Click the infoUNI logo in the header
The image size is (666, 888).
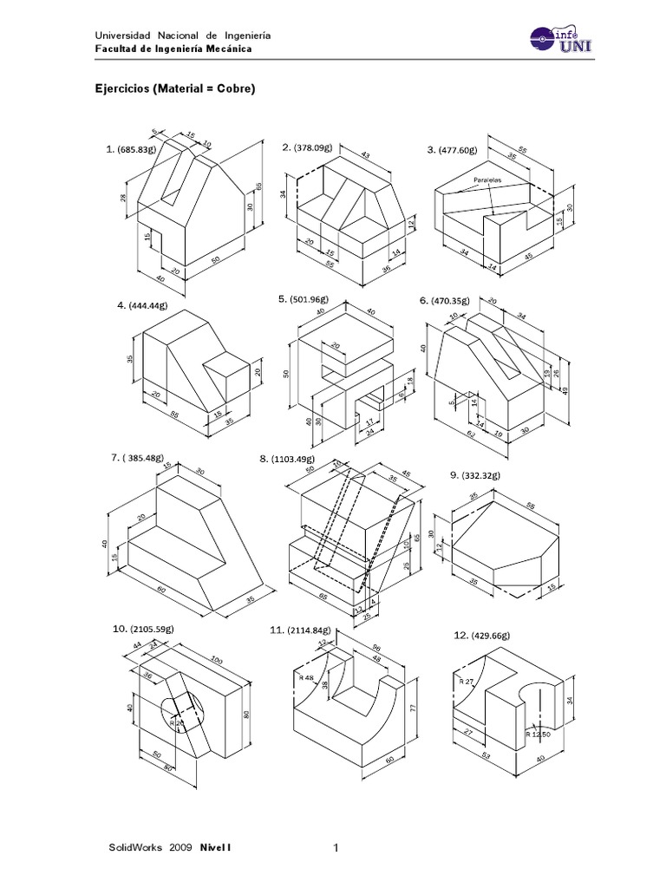[560, 40]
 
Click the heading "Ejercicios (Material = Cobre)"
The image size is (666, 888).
[174, 88]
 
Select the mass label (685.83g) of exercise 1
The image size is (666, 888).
[138, 150]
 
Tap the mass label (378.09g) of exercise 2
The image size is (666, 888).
[313, 147]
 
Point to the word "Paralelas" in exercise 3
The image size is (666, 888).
[488, 181]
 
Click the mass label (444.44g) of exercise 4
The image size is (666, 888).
[147, 305]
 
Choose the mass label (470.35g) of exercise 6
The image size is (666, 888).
[451, 301]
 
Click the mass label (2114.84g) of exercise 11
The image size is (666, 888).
[309, 630]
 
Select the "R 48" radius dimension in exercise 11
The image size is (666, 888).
[305, 676]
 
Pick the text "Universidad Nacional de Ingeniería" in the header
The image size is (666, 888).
[182, 36]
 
